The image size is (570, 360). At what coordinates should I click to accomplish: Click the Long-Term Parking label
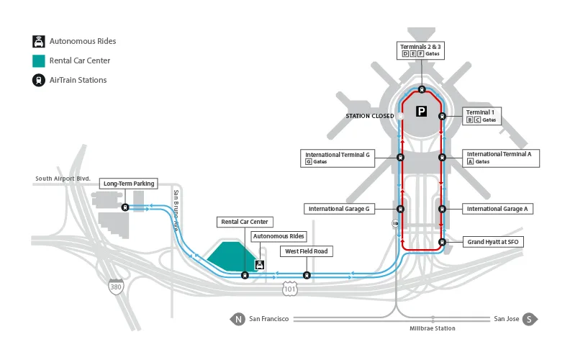(x=129, y=184)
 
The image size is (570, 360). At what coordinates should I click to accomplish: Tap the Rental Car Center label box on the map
(x=244, y=222)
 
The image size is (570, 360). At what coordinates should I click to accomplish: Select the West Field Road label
(x=306, y=251)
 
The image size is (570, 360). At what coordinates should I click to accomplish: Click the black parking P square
(x=422, y=112)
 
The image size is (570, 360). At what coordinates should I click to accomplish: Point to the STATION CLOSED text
(x=368, y=116)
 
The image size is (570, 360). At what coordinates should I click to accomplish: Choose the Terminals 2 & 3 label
(x=420, y=50)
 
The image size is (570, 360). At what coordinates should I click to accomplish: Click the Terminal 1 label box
(x=481, y=116)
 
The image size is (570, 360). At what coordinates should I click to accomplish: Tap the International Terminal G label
(x=337, y=158)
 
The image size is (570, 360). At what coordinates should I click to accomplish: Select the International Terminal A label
(x=499, y=158)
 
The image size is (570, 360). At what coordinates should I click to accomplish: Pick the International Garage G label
(x=339, y=209)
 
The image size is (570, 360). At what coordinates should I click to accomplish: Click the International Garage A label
(x=497, y=209)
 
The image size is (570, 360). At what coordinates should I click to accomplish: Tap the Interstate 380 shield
(x=115, y=286)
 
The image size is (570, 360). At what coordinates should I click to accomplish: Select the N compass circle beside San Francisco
(x=237, y=319)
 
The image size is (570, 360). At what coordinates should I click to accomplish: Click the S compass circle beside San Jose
(x=530, y=319)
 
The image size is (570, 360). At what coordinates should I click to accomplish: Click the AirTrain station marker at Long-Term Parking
(x=125, y=207)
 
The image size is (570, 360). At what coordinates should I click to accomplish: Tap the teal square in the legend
(x=37, y=60)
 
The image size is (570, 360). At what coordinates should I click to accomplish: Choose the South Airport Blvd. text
(x=63, y=179)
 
